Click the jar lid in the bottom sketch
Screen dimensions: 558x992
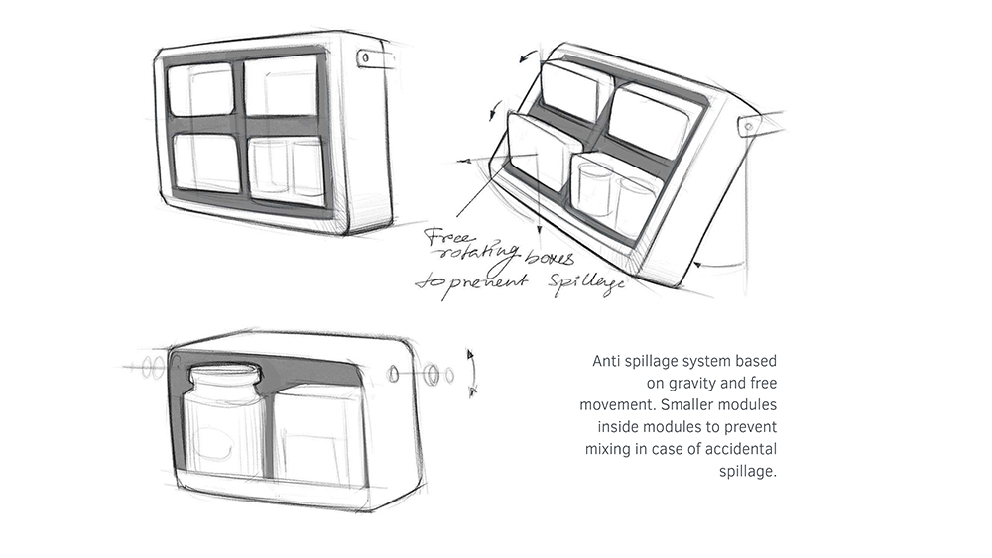(x=223, y=376)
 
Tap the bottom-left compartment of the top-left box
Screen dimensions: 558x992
(x=206, y=162)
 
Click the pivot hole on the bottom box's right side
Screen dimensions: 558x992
(x=394, y=375)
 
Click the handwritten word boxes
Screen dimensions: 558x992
(x=550, y=258)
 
